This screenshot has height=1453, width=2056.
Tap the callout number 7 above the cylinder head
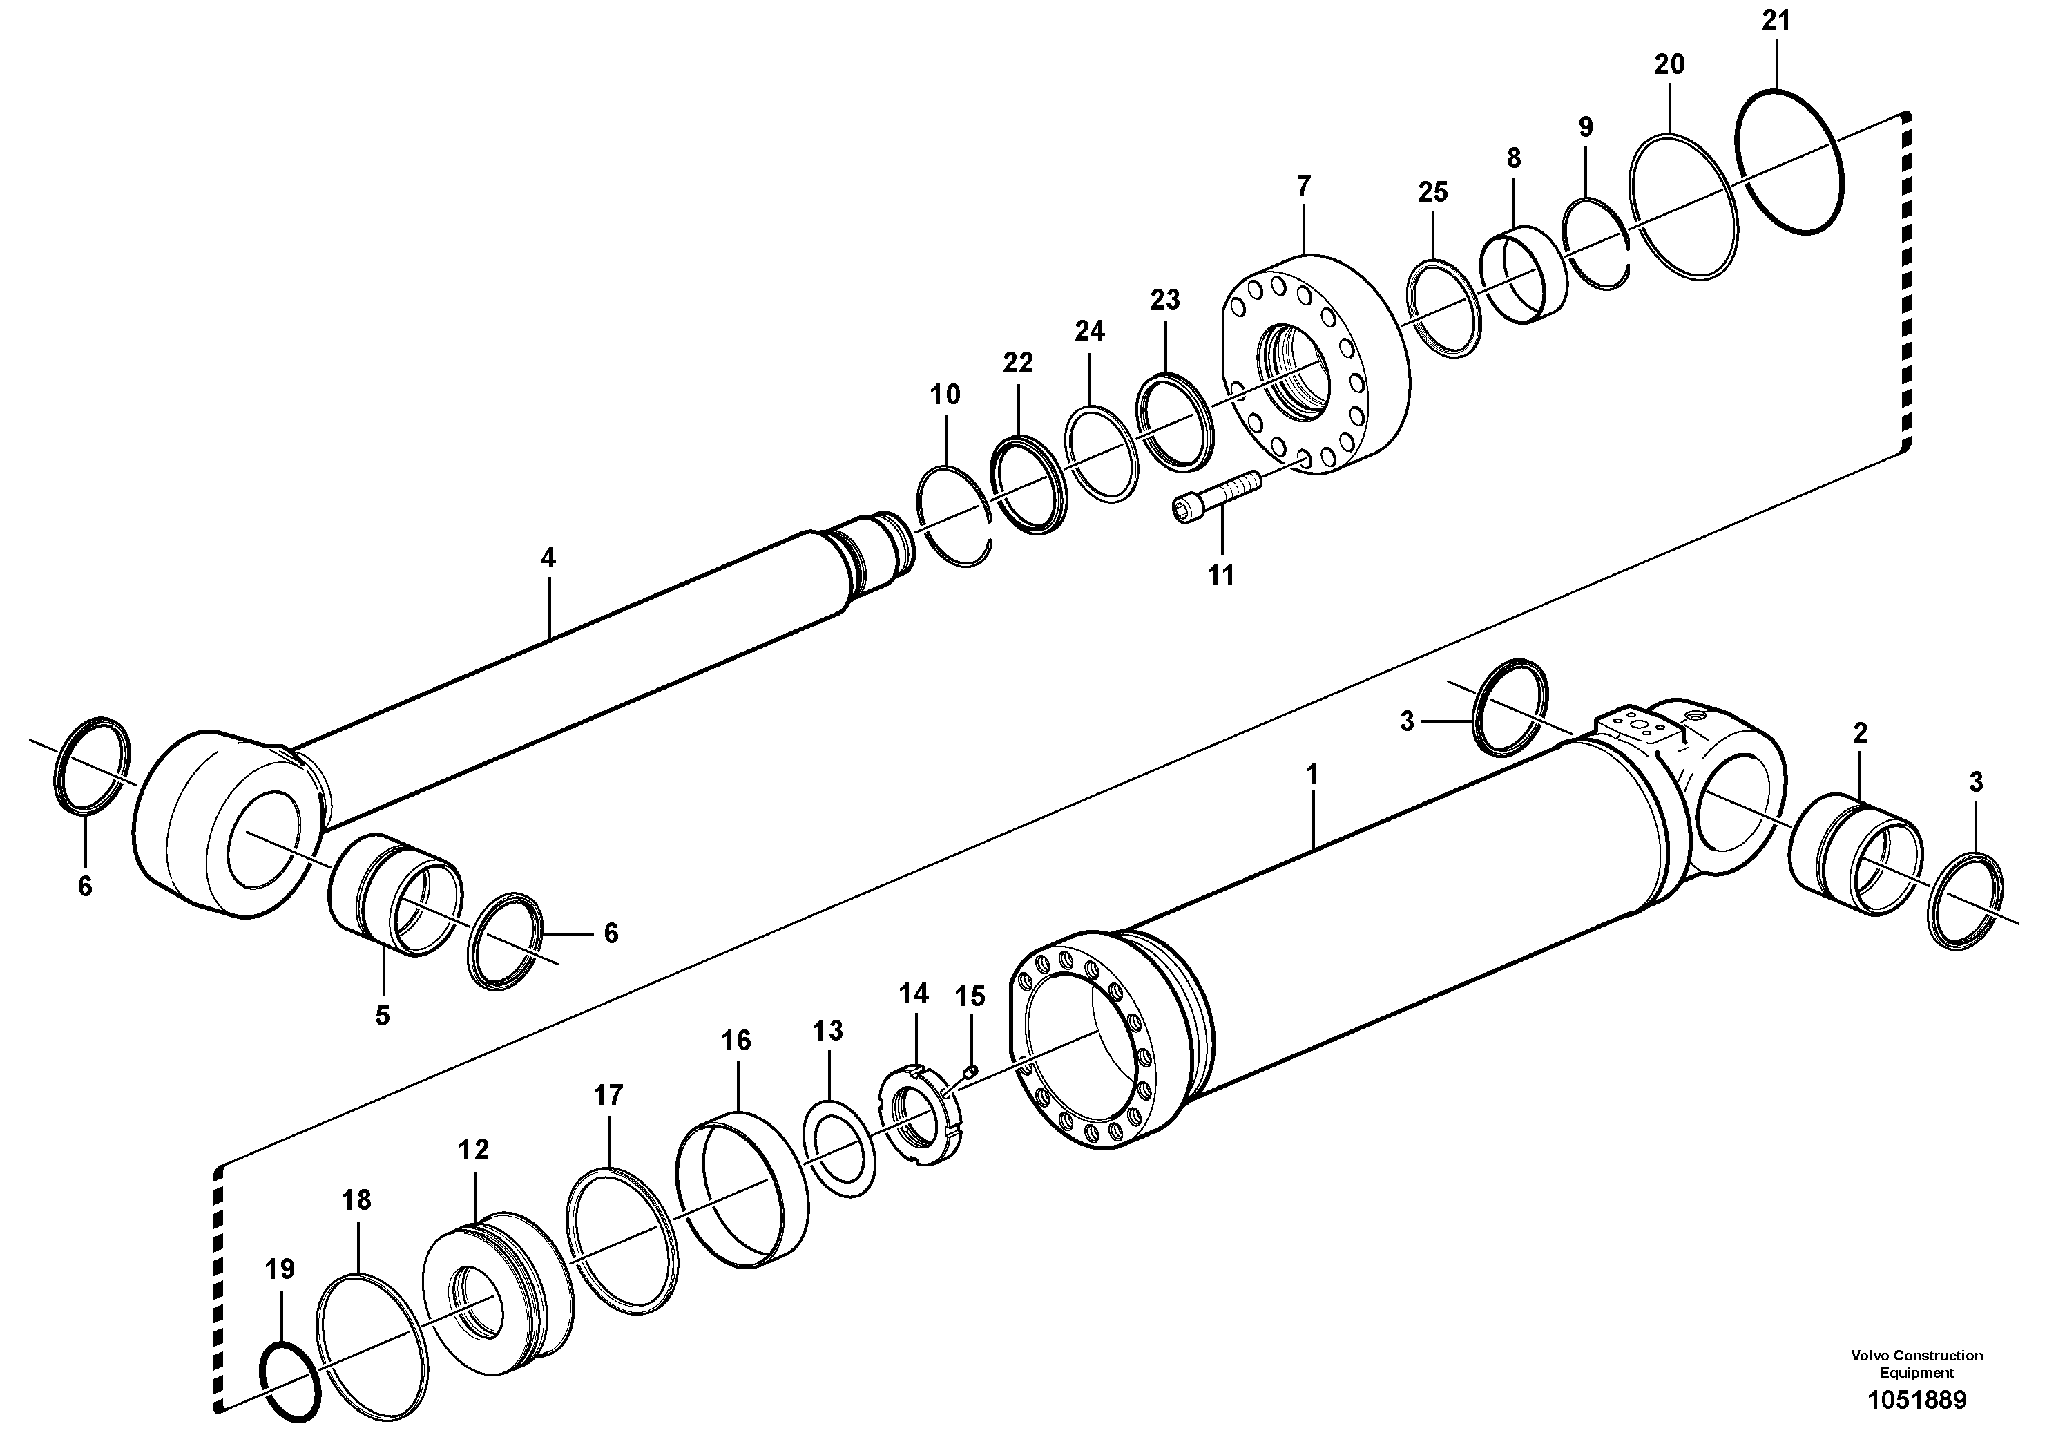click(1303, 187)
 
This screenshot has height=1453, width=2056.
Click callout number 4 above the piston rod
click(548, 558)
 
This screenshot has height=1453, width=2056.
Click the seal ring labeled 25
click(1444, 309)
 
